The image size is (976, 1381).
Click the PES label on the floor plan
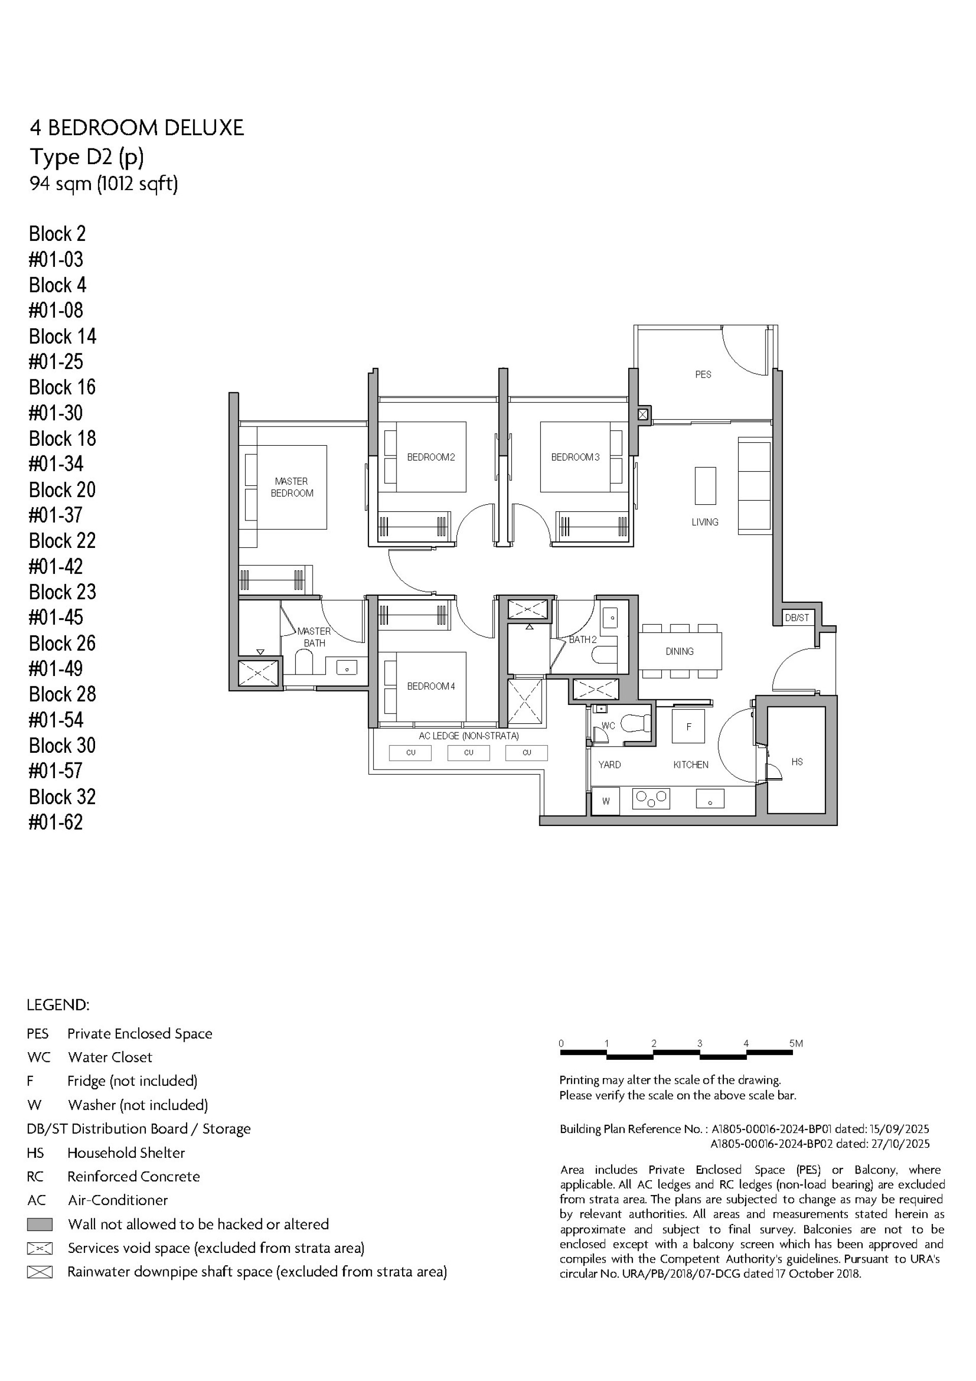(703, 374)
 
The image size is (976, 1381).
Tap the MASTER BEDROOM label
(291, 487)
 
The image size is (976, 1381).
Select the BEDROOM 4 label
(431, 686)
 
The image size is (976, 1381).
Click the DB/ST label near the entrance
(797, 618)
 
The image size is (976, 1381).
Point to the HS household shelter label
(797, 761)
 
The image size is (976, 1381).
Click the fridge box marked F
(688, 727)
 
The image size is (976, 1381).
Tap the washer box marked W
(606, 801)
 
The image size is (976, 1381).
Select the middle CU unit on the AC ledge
(468, 752)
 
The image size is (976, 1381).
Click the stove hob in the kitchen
(651, 798)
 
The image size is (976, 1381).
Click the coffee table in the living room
(705, 485)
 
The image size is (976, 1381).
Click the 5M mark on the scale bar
(796, 1044)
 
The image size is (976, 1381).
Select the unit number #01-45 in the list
(56, 617)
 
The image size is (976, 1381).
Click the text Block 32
(62, 796)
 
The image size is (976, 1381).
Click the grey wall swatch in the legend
(40, 1224)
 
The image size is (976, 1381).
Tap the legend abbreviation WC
(39, 1057)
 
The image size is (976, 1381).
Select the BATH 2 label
(583, 639)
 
